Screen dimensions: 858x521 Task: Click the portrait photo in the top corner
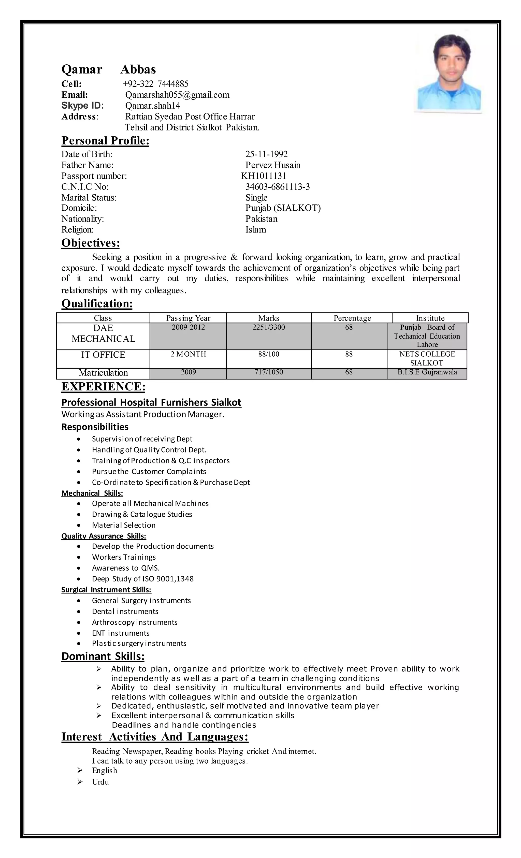tap(449, 74)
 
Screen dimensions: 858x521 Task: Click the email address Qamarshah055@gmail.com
tap(177, 95)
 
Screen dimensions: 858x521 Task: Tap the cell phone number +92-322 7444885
tap(155, 84)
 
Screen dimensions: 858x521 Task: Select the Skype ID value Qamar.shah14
tap(153, 106)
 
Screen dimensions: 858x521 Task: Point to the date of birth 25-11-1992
tap(266, 154)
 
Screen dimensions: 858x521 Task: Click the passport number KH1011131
tap(264, 176)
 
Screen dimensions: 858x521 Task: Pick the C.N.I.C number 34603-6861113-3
tap(278, 187)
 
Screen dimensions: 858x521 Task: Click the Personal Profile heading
tap(105, 141)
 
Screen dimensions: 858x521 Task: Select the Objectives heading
tap(91, 243)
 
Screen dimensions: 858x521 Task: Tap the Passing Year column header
tap(188, 318)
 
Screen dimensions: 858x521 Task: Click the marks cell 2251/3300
tap(268, 327)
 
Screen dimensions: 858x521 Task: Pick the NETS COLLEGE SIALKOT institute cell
tap(427, 358)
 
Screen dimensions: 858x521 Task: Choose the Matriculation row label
tap(103, 373)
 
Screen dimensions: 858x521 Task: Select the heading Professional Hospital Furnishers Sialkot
tap(151, 402)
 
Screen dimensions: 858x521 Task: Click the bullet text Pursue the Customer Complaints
tap(149, 472)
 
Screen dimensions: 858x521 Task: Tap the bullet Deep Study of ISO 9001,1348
tap(143, 579)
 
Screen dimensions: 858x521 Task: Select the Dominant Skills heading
tap(103, 656)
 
